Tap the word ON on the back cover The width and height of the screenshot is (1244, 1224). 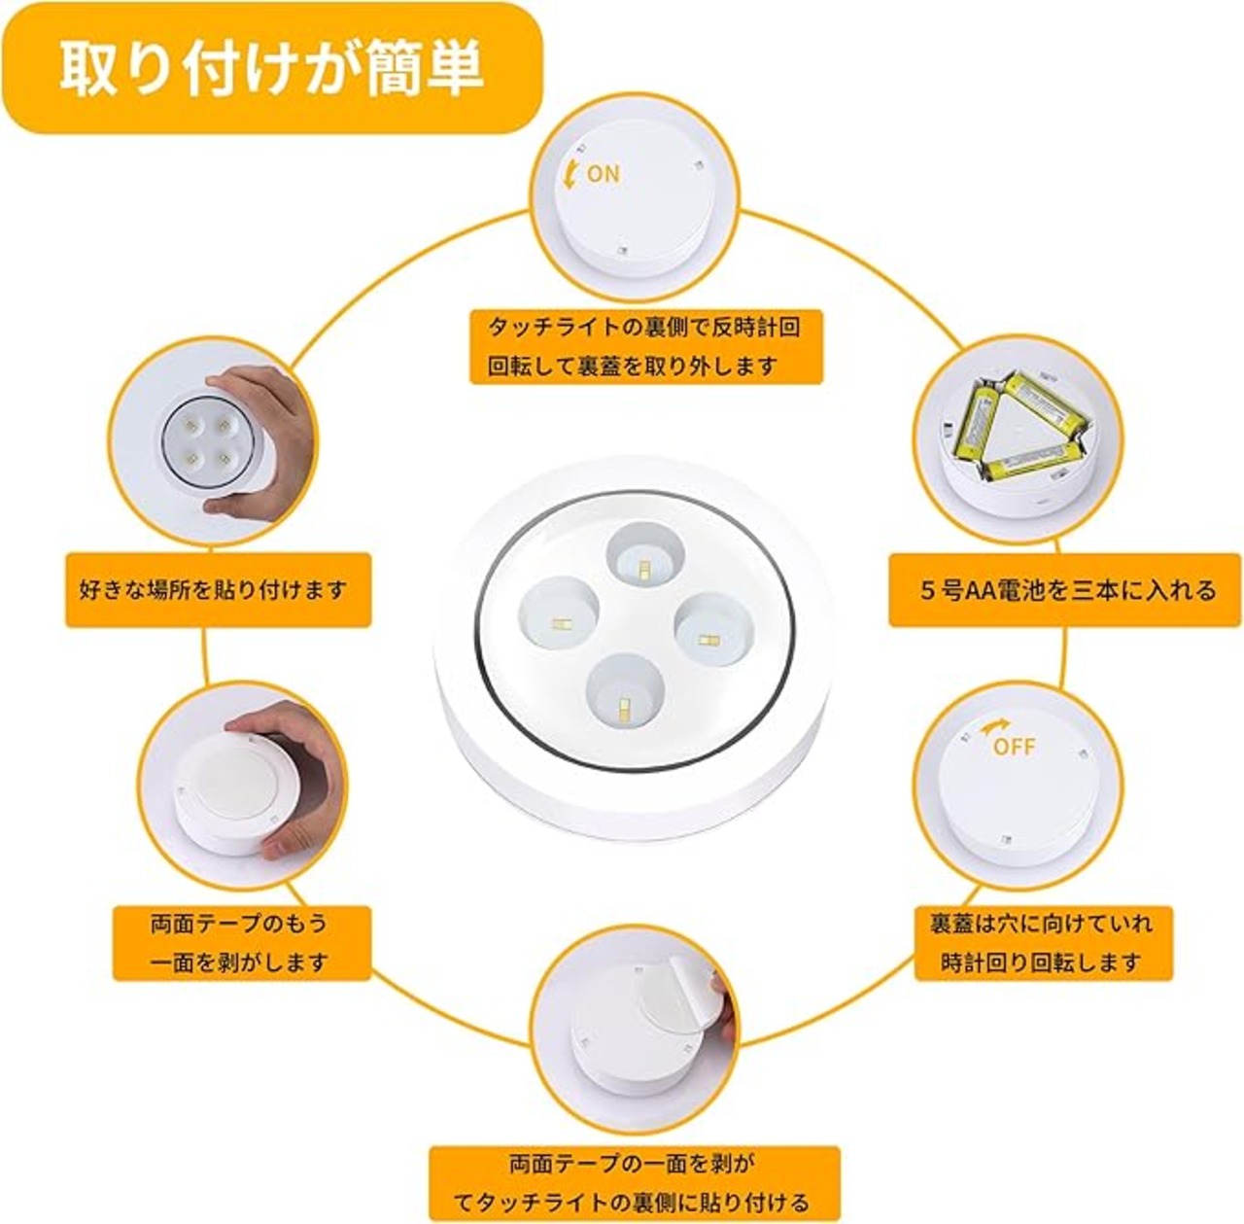coord(604,174)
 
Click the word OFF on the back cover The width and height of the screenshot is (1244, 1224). coord(1014,747)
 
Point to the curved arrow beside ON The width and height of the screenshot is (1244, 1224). coord(570,174)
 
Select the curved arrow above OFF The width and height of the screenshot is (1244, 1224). coord(992,727)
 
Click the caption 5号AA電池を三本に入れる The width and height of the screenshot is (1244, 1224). coord(1064,589)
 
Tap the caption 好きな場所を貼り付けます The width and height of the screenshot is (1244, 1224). coord(218,589)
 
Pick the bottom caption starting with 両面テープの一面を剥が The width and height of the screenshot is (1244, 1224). coord(634,1181)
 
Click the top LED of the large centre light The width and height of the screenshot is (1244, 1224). coord(642,551)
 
